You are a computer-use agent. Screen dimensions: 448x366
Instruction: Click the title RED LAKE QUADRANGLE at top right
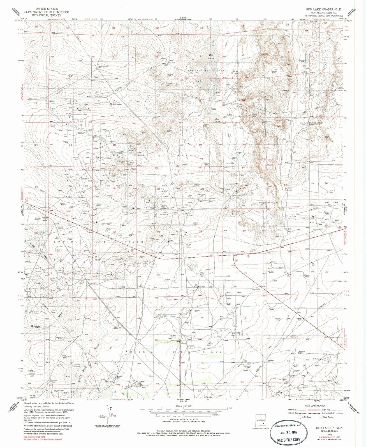[323, 9]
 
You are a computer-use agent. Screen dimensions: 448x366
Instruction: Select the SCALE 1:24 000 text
[184, 406]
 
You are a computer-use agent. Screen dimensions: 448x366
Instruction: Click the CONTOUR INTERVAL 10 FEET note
[184, 420]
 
